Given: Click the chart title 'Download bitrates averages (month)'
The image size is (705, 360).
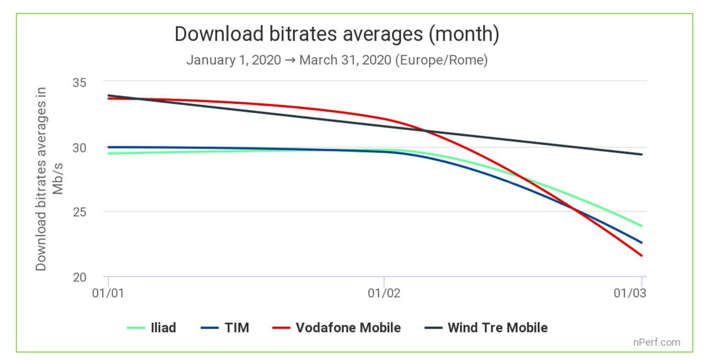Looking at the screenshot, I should pos(337,34).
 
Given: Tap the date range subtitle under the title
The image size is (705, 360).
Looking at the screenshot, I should pos(337,61).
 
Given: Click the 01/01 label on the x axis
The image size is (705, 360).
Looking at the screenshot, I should pos(108,292).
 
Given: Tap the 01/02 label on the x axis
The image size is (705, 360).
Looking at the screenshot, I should pos(384,292).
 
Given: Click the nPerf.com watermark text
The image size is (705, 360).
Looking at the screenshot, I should pos(658,342).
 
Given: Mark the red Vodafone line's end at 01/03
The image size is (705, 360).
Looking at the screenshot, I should pos(642,256).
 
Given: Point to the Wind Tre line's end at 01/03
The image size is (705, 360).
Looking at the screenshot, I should pos(642,155).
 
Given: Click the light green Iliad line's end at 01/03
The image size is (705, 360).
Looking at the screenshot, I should pos(642,226).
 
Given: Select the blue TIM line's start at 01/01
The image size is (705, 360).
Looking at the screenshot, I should pos(109,147).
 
